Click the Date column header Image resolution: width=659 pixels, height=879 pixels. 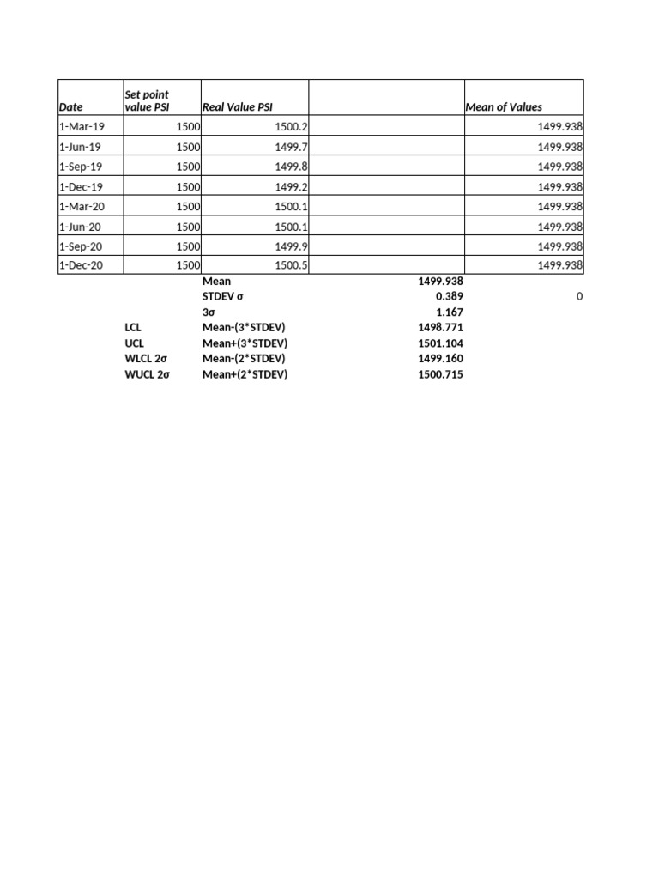point(71,107)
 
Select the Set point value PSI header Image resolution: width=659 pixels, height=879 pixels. point(147,100)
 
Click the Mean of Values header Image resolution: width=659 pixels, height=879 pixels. point(504,107)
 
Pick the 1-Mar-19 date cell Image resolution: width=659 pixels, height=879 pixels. point(81,126)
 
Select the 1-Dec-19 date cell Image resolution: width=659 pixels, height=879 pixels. point(81,186)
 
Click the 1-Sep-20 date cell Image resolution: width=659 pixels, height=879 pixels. point(81,246)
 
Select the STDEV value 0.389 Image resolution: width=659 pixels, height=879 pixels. point(449,297)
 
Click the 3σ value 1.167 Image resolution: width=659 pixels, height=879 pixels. point(449,312)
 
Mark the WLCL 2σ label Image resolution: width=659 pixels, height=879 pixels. point(147,359)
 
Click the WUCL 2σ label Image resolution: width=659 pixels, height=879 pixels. point(148,374)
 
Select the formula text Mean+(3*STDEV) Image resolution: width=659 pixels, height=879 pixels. point(245,343)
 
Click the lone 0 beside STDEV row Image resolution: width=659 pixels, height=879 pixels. point(579,297)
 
